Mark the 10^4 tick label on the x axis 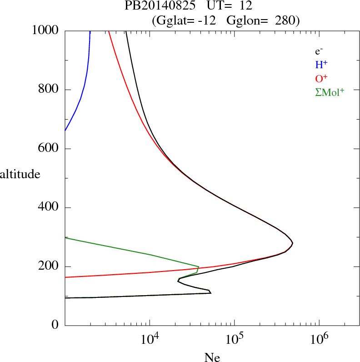(x=150, y=338)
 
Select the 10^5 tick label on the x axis (x=234, y=338)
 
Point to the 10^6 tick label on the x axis (x=319, y=338)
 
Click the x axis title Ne (x=212, y=357)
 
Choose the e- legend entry (x=319, y=51)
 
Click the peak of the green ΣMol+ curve (x=199, y=266)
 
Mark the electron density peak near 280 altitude (x=293, y=243)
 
